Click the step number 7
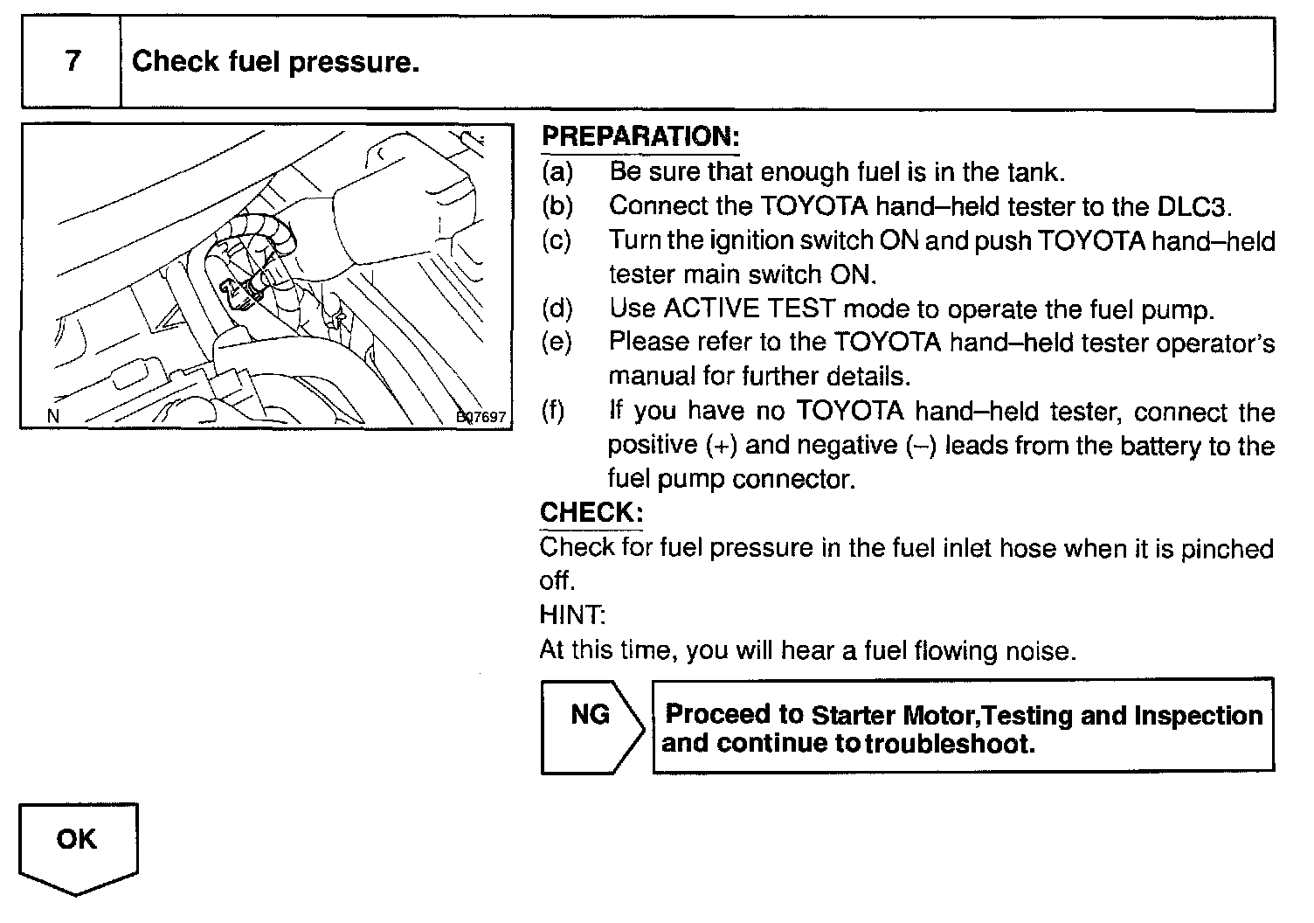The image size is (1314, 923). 73,61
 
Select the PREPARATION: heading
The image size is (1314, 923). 640,136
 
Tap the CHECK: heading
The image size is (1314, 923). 591,512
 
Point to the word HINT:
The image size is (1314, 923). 572,615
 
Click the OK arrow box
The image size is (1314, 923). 78,843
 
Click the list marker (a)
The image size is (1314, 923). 557,172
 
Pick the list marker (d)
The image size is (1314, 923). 557,309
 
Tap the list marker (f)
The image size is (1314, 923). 554,411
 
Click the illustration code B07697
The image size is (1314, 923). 481,417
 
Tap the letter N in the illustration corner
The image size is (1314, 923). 53,417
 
